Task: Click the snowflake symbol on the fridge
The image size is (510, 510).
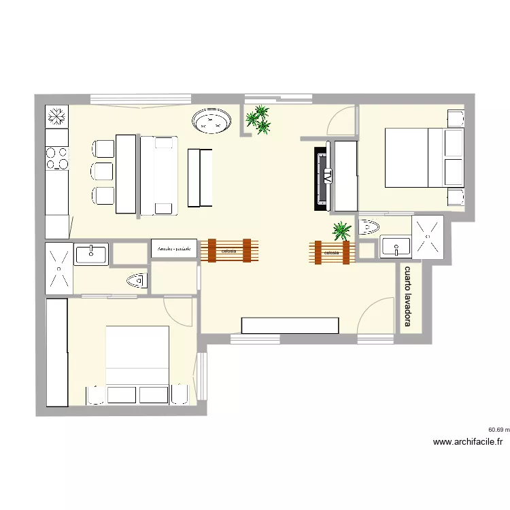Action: (x=57, y=116)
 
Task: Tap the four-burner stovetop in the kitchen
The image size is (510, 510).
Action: (x=57, y=158)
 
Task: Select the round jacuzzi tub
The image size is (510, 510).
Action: (x=212, y=122)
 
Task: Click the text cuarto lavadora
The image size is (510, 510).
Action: (x=408, y=296)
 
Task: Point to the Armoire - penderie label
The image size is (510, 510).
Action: (x=174, y=250)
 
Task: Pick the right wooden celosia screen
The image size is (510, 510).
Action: (x=331, y=252)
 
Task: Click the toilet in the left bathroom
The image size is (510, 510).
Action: (x=137, y=279)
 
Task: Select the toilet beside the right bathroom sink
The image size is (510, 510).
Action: (x=368, y=226)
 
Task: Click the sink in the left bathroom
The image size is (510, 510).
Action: (x=91, y=254)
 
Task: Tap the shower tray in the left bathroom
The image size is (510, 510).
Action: (x=58, y=269)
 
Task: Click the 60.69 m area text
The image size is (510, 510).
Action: (x=498, y=430)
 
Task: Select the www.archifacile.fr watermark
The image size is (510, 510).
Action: (x=468, y=442)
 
